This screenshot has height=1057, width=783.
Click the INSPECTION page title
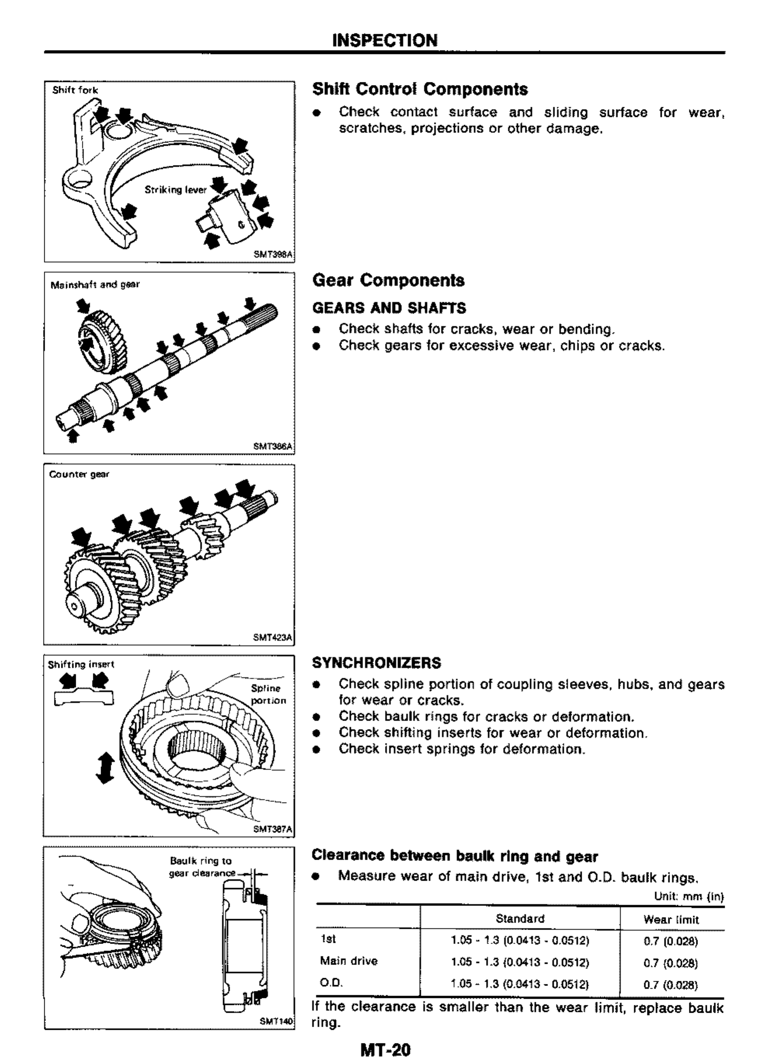coord(385,40)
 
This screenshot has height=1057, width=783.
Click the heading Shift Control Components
coord(420,89)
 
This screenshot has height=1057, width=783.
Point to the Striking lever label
coord(176,190)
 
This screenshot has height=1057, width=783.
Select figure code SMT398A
coord(273,254)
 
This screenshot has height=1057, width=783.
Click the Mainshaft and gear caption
coord(95,285)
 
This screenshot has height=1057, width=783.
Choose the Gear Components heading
coord(388,280)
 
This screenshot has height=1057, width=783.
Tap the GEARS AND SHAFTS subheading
coord(389,308)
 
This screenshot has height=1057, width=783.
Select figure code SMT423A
coord(273,638)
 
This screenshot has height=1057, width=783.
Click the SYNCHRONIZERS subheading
coord(376,663)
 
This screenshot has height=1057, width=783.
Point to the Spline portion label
coord(268,695)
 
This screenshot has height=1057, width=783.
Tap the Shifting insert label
coord(81,665)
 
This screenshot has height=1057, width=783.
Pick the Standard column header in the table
coord(520,919)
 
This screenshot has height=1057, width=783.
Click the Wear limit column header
coord(671,920)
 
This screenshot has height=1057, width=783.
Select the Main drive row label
coord(349,961)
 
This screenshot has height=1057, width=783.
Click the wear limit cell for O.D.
coord(671,986)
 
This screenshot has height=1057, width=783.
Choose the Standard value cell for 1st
coord(520,941)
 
